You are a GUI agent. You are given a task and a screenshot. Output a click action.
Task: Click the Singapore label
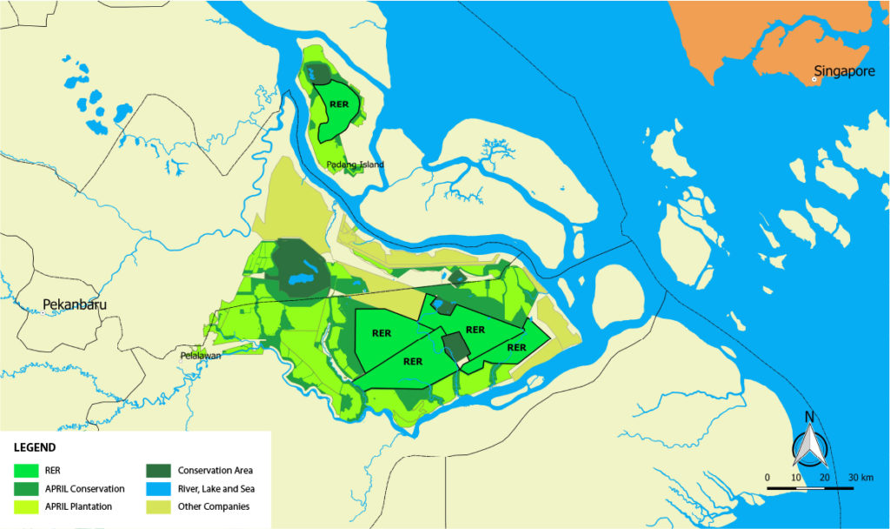pos(844,71)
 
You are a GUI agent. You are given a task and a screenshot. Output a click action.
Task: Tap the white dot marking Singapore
pos(814,79)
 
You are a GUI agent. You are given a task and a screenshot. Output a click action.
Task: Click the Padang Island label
pos(355,164)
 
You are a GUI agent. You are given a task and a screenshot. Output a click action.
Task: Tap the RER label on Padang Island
pos(338,102)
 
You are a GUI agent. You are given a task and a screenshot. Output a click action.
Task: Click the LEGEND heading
pos(36,448)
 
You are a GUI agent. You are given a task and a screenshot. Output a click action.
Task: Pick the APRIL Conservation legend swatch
pos(27,488)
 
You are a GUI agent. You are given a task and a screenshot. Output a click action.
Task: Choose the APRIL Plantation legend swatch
pos(27,506)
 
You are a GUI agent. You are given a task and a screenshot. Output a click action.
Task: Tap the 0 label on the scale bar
pos(767,478)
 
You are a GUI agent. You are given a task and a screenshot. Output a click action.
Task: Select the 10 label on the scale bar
pos(796,478)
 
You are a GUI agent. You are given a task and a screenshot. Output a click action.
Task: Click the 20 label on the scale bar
pos(824,478)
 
